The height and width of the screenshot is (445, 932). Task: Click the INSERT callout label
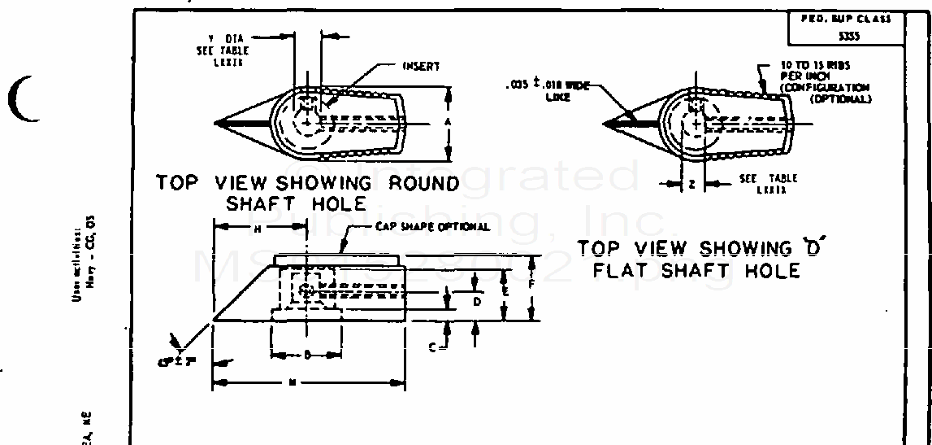click(x=421, y=67)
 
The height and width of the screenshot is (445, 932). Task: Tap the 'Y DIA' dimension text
click(x=229, y=37)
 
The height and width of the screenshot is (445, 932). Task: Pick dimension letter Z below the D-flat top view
click(x=691, y=185)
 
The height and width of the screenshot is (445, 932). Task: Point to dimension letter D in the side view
click(x=478, y=302)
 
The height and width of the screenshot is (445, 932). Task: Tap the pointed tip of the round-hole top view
click(x=215, y=123)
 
